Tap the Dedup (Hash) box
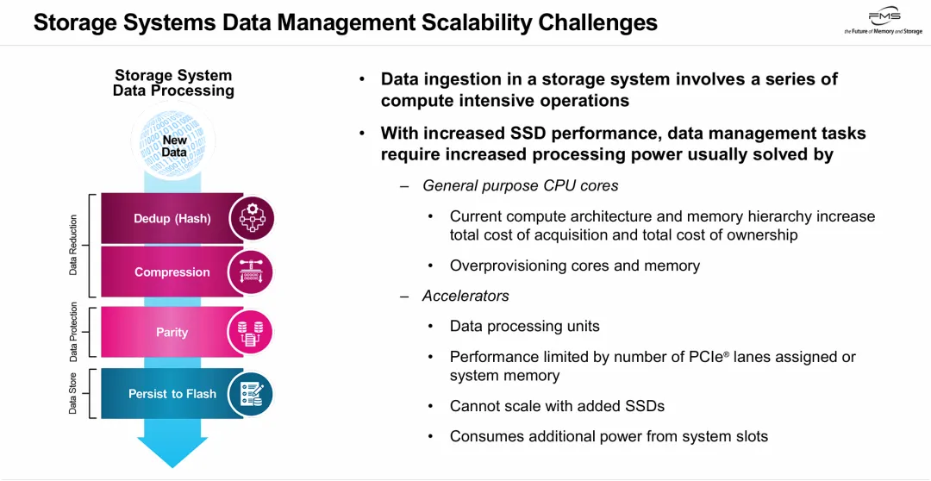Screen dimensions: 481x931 (172, 218)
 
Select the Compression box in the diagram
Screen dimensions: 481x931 (172, 272)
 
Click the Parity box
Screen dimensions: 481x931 (172, 332)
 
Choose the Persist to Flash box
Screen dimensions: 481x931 (172, 394)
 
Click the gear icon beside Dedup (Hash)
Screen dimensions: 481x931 (252, 218)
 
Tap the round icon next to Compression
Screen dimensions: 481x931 (252, 272)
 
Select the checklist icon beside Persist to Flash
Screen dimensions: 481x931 (252, 394)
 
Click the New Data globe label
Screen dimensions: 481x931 (174, 146)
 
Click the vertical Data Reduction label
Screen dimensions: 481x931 (73, 245)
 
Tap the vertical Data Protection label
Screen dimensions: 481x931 (73, 332)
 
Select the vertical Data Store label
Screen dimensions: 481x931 (73, 393)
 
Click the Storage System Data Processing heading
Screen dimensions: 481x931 (173, 83)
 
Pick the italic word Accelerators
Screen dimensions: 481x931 (465, 296)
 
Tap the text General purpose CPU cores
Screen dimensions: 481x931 (521, 185)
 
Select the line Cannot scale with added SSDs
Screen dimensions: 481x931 (557, 406)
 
